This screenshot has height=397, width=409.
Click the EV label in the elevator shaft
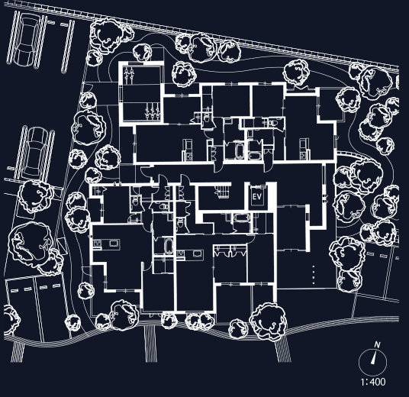click(257, 197)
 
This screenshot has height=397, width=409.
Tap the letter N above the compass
click(377, 345)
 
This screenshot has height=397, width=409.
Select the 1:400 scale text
click(373, 382)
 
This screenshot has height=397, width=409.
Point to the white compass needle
click(374, 357)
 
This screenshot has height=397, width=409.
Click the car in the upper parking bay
click(26, 40)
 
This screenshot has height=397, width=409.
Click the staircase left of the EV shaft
click(223, 192)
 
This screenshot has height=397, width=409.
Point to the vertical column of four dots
click(314, 275)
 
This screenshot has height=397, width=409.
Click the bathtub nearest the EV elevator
click(242, 218)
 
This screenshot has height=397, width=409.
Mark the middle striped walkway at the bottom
click(151, 343)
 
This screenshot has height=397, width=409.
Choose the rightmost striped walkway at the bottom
click(283, 347)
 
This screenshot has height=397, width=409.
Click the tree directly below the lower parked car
click(36, 195)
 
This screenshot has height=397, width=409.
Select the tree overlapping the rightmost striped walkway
click(269, 321)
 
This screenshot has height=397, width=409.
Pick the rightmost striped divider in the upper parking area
click(68, 47)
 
